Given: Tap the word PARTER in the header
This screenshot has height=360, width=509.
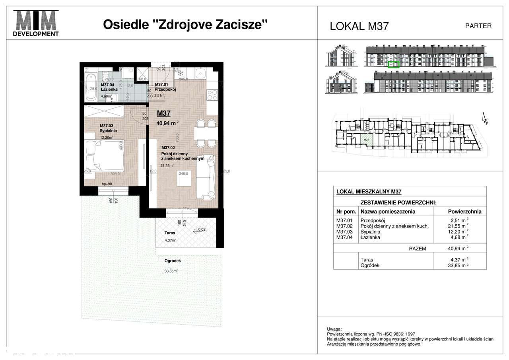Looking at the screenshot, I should (x=478, y=26).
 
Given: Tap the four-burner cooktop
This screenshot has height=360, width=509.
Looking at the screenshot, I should (x=212, y=95).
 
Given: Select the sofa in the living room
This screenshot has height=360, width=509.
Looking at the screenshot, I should (x=206, y=177).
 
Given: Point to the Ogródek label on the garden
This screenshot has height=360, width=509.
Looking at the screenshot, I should (x=173, y=261).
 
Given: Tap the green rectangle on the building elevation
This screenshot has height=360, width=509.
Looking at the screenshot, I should (x=393, y=64).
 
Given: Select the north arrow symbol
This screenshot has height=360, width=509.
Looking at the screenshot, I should (x=484, y=119).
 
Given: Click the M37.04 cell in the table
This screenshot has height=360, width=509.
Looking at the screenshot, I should (x=344, y=237).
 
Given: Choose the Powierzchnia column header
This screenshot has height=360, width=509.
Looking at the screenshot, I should (x=464, y=212).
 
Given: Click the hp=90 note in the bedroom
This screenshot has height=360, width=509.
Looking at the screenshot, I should (x=107, y=184).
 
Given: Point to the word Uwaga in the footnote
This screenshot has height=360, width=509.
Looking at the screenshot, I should (x=333, y=329).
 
